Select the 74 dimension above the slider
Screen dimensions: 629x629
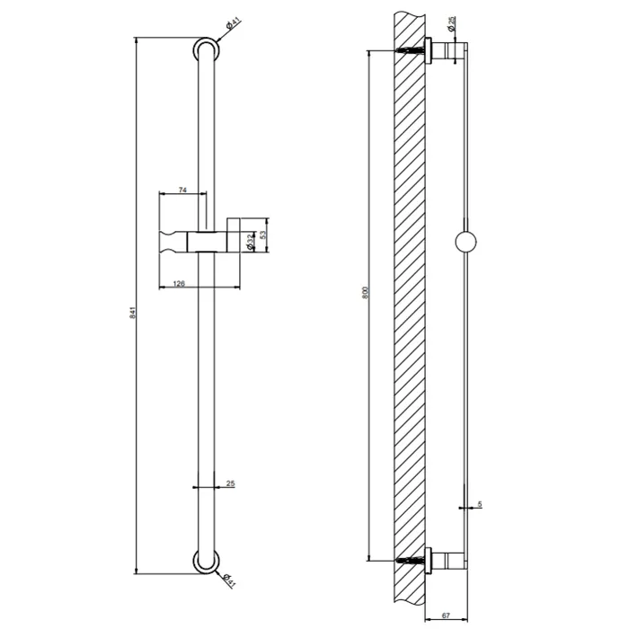tap(182, 190)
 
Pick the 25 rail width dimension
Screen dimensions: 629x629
tap(230, 483)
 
